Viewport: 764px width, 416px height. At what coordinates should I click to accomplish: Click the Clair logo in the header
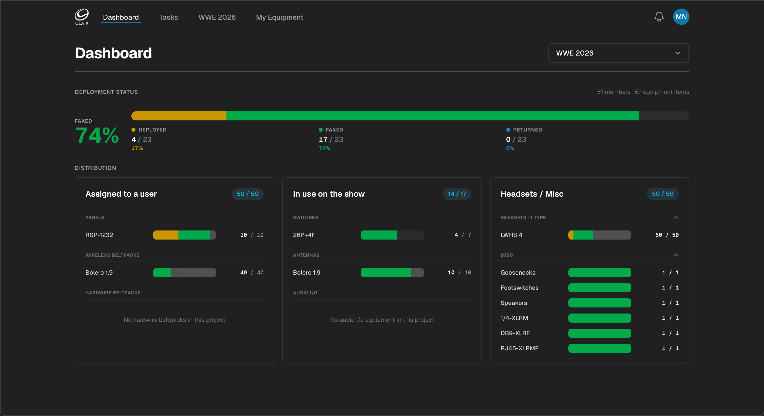82,17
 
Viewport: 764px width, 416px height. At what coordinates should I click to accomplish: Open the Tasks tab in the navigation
169,17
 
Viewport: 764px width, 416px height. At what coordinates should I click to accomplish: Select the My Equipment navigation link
279,17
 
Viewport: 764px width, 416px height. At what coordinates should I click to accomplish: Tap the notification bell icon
659,17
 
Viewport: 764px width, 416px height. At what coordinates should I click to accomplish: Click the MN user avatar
681,17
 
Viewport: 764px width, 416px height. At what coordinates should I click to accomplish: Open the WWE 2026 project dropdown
618,53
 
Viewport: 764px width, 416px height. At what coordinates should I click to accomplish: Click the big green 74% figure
97,135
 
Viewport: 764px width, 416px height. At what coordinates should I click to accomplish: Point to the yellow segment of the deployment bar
179,116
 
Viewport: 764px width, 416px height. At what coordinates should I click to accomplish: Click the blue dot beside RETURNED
508,130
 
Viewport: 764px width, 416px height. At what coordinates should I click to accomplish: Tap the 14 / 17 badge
457,194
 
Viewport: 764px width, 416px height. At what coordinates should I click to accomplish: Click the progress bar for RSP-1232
184,235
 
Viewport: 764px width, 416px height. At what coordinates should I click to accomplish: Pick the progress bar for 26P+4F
392,235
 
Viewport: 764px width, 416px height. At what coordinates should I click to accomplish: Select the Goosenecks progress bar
600,273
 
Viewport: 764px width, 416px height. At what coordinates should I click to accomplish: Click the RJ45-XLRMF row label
519,348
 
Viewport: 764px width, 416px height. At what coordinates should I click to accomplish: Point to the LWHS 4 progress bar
600,235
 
